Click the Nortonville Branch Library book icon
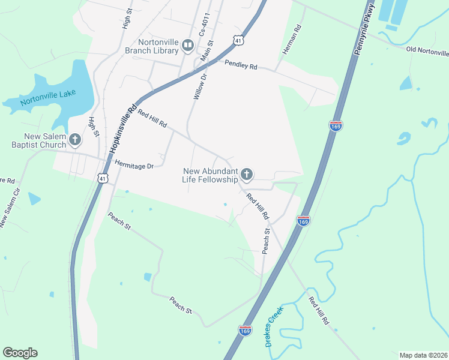(188, 45)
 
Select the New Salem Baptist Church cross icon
(75, 140)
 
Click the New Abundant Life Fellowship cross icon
(246, 175)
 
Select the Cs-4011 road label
(206, 26)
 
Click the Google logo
(20, 353)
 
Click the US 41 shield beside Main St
(239, 40)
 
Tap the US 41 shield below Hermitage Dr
(103, 179)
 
